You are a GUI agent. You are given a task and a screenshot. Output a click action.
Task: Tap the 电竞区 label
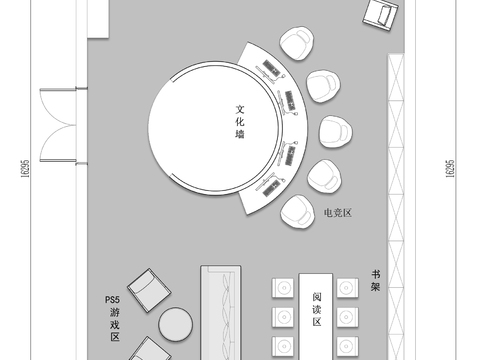pos(340,213)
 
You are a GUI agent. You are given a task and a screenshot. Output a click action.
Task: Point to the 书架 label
pos(376,280)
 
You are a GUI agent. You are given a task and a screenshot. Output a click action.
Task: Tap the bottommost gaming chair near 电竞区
pos(297,210)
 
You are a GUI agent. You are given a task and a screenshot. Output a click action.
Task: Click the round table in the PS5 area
pos(175,325)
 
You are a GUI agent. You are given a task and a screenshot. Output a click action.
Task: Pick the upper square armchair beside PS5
pos(148,289)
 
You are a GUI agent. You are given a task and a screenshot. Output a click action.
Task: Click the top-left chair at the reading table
pos(281,288)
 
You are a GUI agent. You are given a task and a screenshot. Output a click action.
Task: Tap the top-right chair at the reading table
pos(346,288)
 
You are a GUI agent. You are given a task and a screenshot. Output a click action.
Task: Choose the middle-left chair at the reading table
pos(281,317)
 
